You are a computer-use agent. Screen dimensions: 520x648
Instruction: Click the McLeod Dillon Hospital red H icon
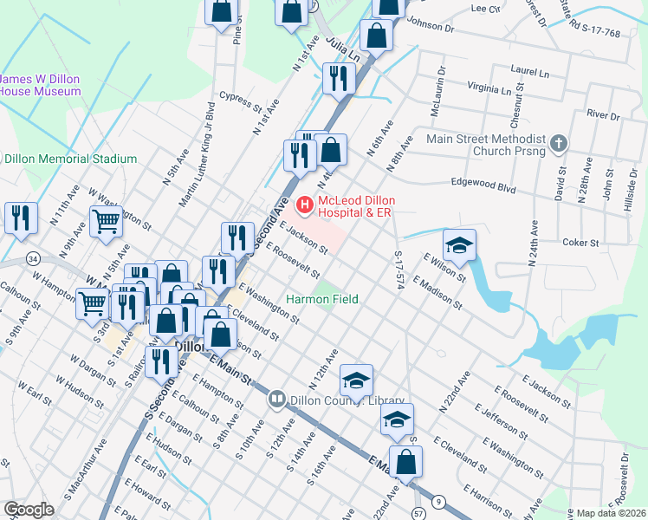tap(305, 205)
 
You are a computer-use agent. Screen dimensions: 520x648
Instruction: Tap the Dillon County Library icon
tap(277, 400)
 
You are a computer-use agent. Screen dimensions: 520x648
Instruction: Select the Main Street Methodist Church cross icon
tap(559, 141)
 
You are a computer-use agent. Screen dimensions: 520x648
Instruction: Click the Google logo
tap(29, 510)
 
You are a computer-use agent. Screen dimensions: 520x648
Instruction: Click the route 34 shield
tap(33, 258)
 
